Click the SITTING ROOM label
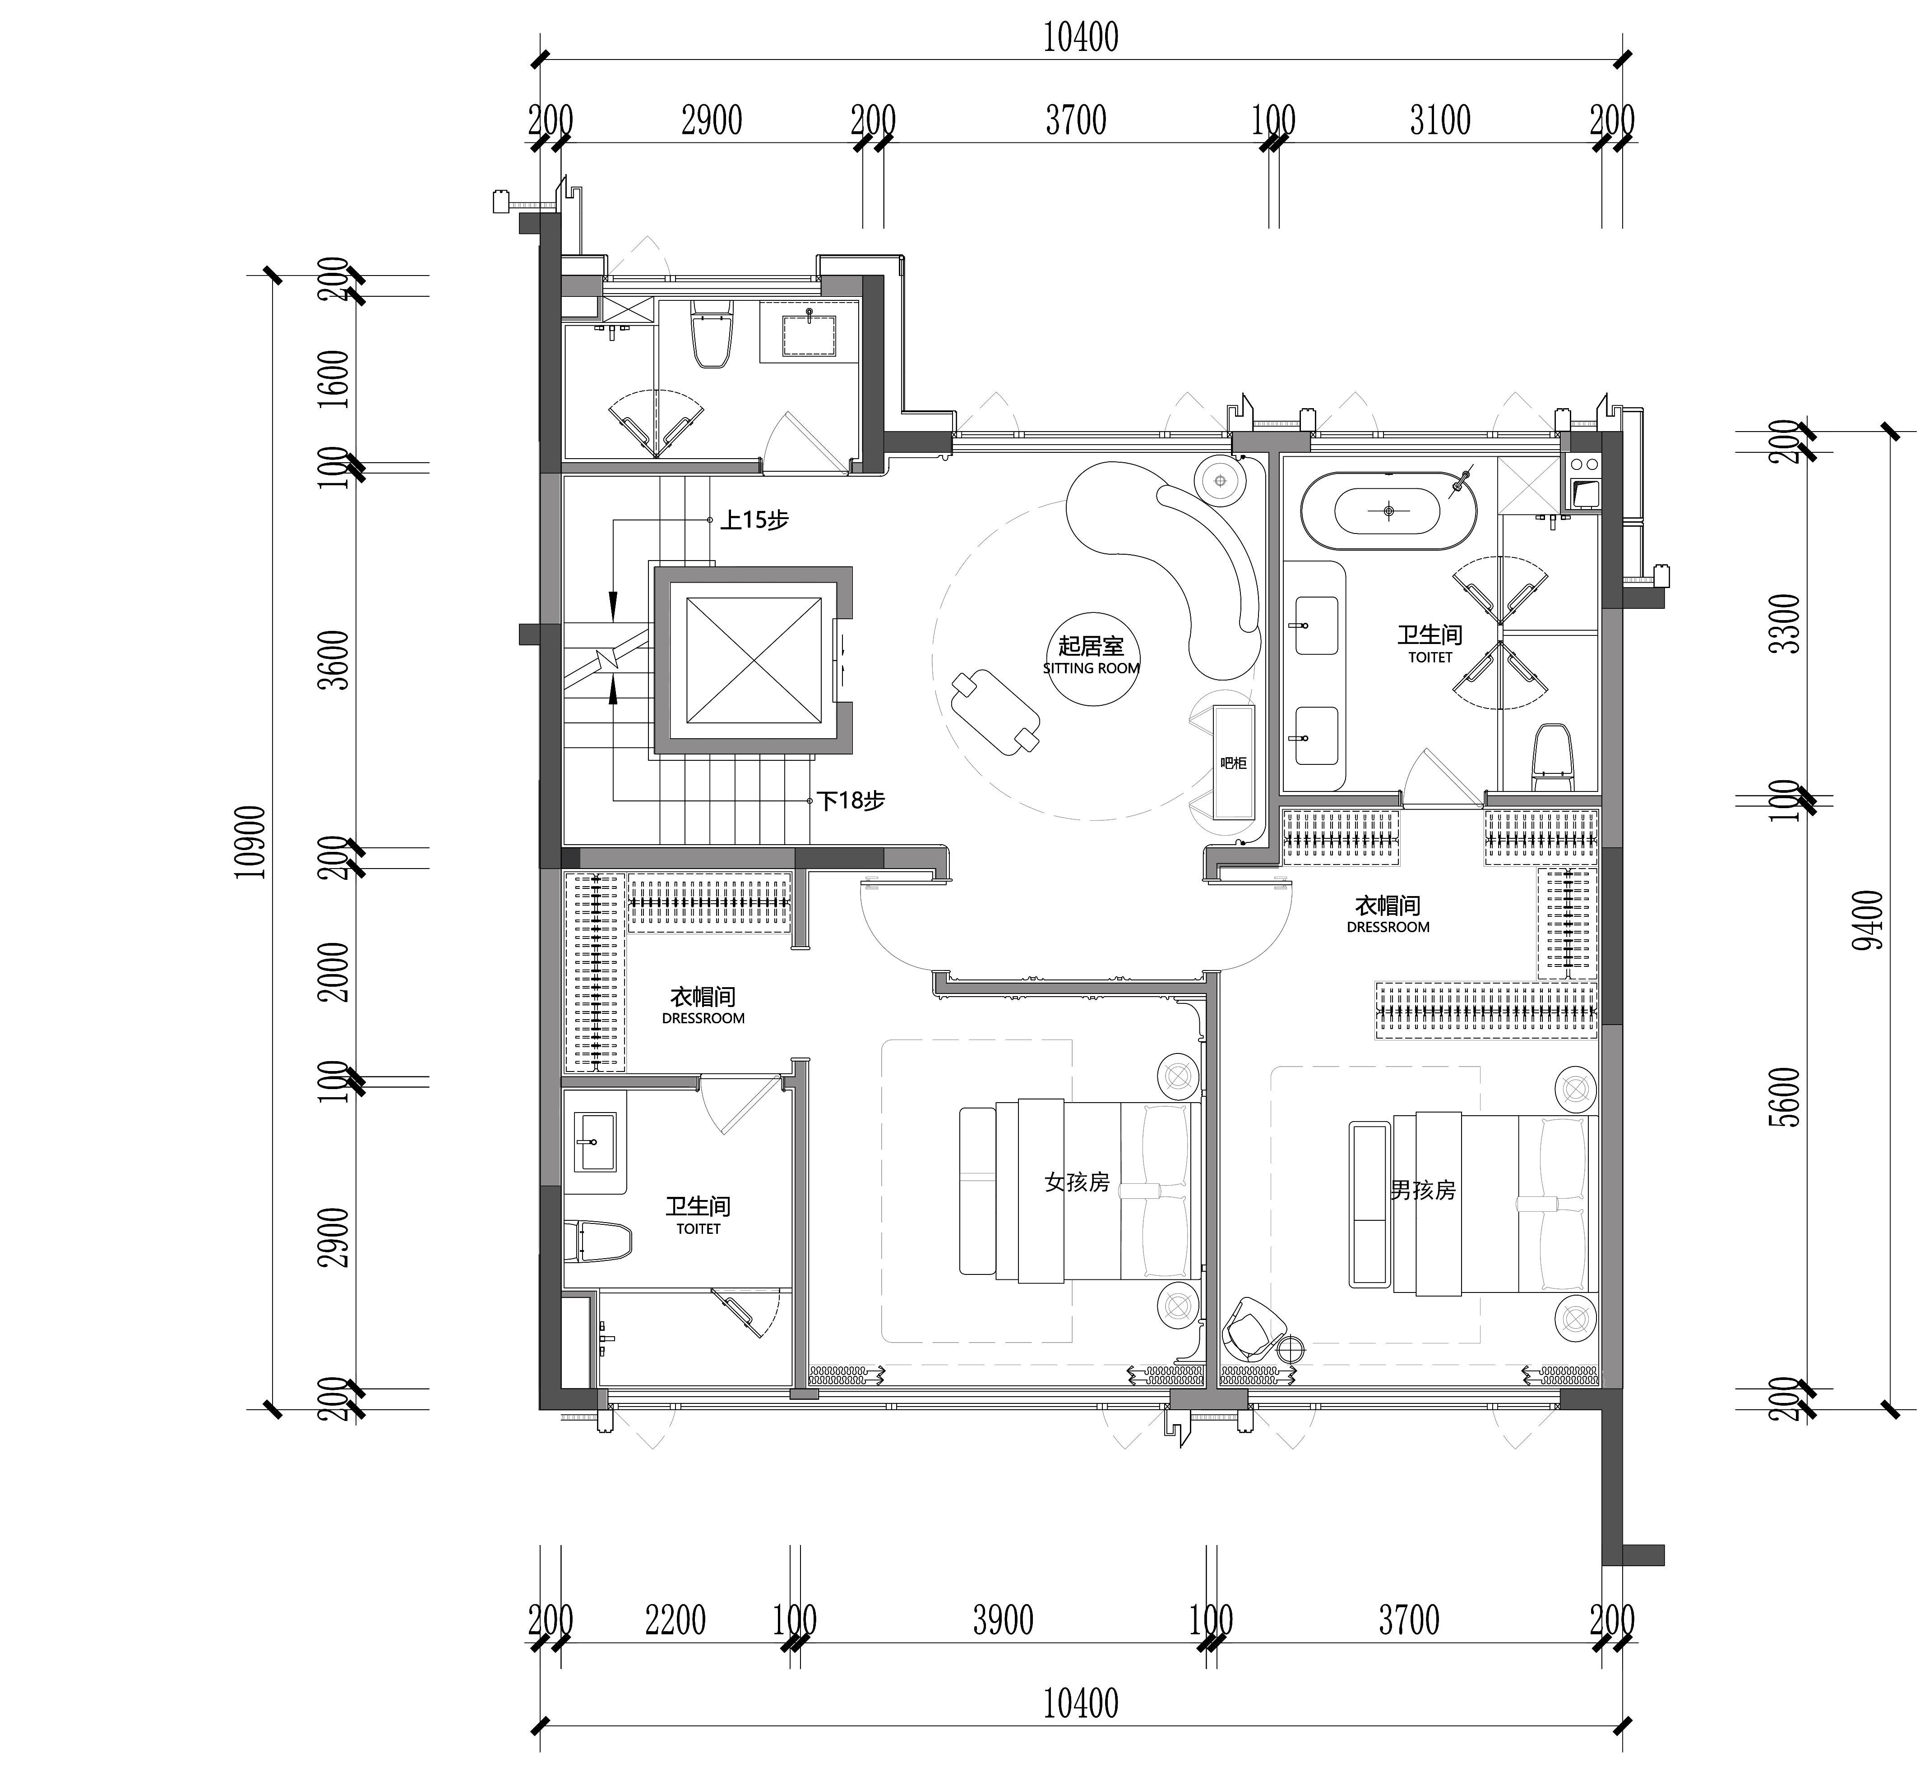point(1091,668)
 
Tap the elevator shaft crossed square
point(754,660)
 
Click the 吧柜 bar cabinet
point(1234,762)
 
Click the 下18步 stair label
point(851,800)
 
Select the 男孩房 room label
point(1423,1190)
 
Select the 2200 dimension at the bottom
point(675,1620)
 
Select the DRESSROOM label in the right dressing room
point(1388,927)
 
